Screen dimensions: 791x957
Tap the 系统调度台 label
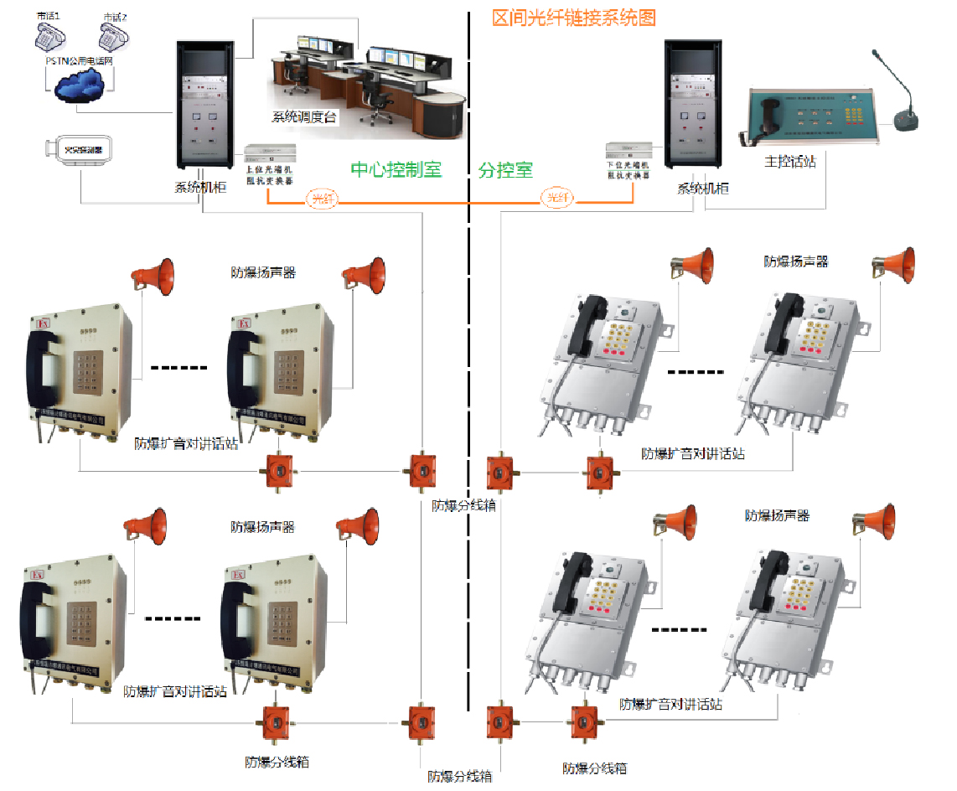pyautogui.click(x=304, y=117)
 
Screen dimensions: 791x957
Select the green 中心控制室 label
pyautogui.click(x=396, y=169)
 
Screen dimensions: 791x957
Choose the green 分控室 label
pyautogui.click(x=505, y=170)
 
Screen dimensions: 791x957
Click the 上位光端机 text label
pyautogui.click(x=269, y=170)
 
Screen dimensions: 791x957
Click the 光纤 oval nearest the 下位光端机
pyautogui.click(x=558, y=198)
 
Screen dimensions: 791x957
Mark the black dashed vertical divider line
pyautogui.click(x=468, y=419)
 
